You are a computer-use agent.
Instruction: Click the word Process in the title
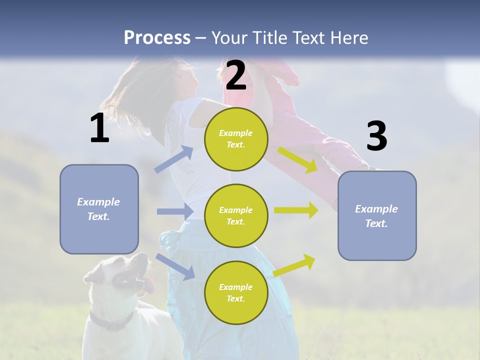(x=157, y=37)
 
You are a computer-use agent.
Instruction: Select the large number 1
(x=99, y=128)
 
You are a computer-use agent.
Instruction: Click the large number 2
(x=236, y=76)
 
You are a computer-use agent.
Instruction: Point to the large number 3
(x=376, y=136)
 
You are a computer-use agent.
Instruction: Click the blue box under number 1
(x=99, y=209)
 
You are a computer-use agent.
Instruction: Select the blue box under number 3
(x=377, y=215)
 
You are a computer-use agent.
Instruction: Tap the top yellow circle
(x=236, y=139)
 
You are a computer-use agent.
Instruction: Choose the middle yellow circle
(x=236, y=215)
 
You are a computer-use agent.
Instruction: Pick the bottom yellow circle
(x=236, y=292)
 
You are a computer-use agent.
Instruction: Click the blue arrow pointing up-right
(x=174, y=159)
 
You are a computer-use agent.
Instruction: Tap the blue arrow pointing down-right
(x=175, y=266)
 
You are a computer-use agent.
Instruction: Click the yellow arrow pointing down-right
(x=298, y=160)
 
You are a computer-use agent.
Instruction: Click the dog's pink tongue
(x=149, y=286)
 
